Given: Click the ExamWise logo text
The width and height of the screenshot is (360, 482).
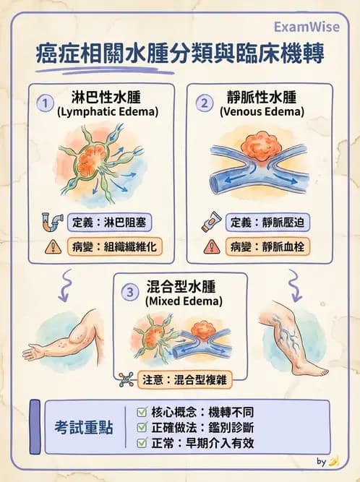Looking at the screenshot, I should pyautogui.click(x=305, y=27).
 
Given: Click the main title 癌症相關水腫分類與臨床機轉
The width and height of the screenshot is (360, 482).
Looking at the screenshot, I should pyautogui.click(x=180, y=55).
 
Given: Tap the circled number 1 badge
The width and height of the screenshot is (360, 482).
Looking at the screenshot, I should pyautogui.click(x=46, y=103).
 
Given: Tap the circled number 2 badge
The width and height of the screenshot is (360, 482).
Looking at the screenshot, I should pyautogui.click(x=205, y=103).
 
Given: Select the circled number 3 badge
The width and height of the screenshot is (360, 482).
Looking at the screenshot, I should pyautogui.click(x=129, y=292).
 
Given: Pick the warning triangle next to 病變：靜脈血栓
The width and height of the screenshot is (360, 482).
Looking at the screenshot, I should pyautogui.click(x=211, y=246).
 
